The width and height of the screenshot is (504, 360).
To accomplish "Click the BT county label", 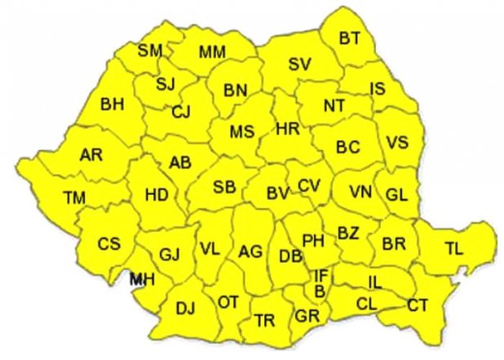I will (350, 38).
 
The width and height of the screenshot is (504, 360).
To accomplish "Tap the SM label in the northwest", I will (150, 51).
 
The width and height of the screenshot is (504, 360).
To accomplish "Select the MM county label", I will (212, 53).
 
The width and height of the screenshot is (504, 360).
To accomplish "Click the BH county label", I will (112, 104).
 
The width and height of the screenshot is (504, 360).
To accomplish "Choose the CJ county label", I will (181, 112).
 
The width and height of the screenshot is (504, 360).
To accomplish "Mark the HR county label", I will (288, 129).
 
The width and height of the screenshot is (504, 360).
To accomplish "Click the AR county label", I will (91, 154).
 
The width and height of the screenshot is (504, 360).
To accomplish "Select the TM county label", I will (74, 197).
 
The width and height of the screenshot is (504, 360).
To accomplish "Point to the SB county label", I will (224, 187).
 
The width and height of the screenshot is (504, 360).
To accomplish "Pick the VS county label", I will (397, 142).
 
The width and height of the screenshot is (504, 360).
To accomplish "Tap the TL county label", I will (453, 248).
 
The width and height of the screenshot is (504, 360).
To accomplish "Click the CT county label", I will (418, 305).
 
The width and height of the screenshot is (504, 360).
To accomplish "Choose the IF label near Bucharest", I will (322, 276).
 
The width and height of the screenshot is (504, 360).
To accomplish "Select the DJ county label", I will (186, 308).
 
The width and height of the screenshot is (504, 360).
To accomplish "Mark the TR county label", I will (263, 320).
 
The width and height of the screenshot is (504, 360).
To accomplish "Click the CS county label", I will (108, 243).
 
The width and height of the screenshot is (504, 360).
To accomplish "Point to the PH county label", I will (313, 241).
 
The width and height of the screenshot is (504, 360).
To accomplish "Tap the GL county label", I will (396, 194).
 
